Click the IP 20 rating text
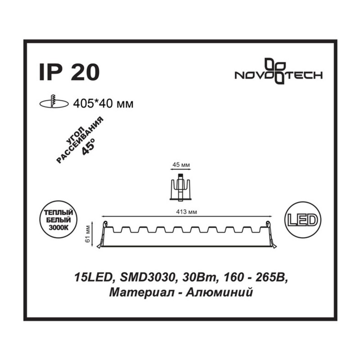69,72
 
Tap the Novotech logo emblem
275,71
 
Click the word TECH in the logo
304,75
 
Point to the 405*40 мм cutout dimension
103,104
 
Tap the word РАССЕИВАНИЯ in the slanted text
80,140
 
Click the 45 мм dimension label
181,165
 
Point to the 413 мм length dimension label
186,212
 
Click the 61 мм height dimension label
87,234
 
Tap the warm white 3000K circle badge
58,220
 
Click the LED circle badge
302,220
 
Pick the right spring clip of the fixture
271,234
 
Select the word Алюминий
219,293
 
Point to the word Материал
140,293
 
